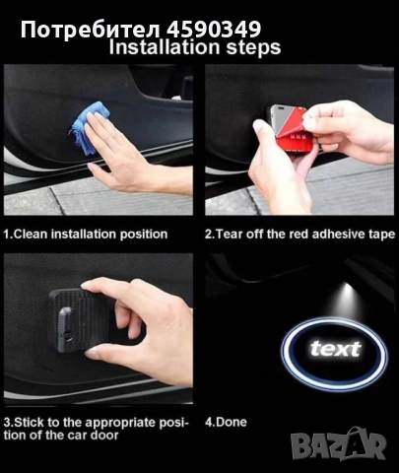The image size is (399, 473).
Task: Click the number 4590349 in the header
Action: [x=214, y=30]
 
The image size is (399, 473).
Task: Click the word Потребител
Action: [x=91, y=31]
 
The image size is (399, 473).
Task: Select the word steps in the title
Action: [x=253, y=48]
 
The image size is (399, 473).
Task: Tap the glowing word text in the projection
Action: [x=335, y=349]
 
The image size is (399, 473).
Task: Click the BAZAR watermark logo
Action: [x=338, y=444]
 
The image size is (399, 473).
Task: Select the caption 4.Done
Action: [x=226, y=422]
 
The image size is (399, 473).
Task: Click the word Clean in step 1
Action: [x=32, y=235]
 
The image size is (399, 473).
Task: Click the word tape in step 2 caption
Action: [x=383, y=235]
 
